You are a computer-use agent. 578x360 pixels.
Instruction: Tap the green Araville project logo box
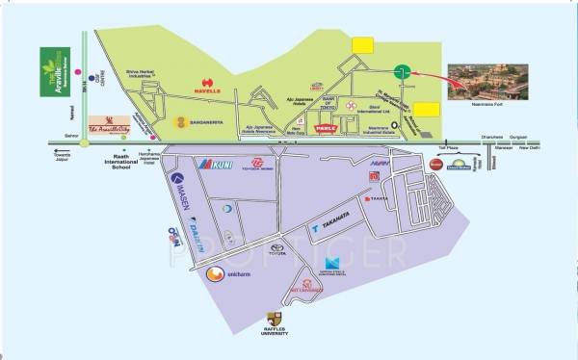coord(54,69)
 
